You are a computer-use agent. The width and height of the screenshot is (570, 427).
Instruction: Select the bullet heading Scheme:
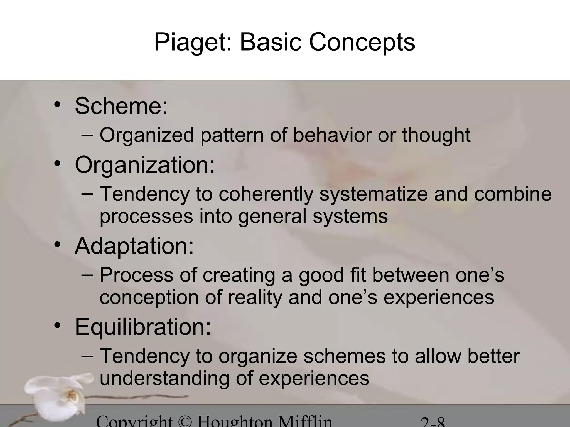point(121,106)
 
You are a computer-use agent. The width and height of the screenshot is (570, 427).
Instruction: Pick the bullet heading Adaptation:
point(134,246)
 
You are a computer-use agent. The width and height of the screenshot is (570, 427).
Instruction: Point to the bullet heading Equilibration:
point(143,327)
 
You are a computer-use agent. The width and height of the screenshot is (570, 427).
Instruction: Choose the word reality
point(255,297)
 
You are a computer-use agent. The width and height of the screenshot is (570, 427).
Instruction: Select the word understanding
point(164,379)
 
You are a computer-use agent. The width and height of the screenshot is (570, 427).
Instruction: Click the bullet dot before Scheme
point(57,105)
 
